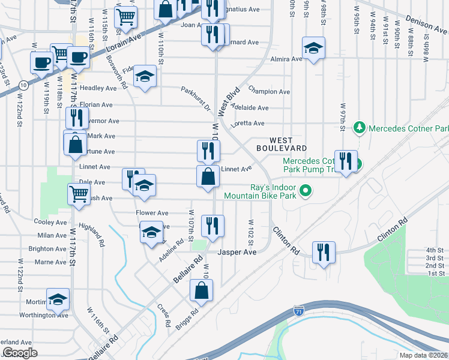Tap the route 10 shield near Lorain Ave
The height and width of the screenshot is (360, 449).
click(x=22, y=85)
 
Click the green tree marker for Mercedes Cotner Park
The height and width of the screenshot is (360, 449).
click(x=359, y=128)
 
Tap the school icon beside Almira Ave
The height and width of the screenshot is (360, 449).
click(x=313, y=49)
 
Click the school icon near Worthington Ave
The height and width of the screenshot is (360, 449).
click(x=58, y=299)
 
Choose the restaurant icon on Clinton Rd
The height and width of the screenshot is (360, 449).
click(x=324, y=253)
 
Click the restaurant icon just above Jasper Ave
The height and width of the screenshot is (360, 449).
click(x=212, y=226)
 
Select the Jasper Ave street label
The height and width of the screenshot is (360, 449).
click(x=237, y=253)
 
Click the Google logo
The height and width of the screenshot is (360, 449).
click(x=20, y=353)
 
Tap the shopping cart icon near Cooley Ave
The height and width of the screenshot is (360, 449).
click(x=79, y=194)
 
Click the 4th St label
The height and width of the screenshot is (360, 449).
click(x=435, y=250)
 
